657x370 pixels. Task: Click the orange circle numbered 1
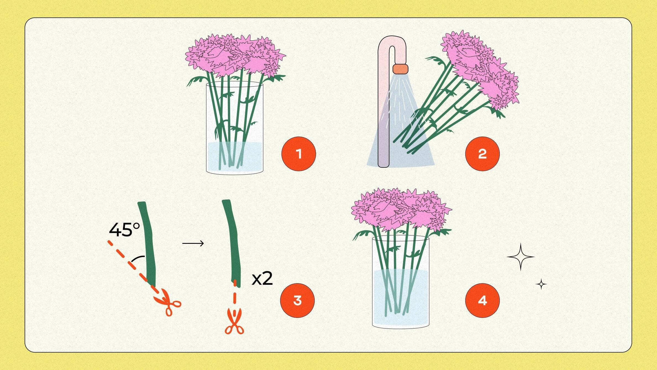tap(298, 154)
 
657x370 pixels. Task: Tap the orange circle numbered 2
tap(482, 154)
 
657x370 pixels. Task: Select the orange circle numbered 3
tap(297, 300)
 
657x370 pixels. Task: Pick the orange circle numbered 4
tap(482, 300)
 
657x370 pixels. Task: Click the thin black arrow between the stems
tap(193, 243)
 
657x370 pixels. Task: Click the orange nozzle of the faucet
tap(400, 69)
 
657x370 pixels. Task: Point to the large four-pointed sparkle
tap(521, 257)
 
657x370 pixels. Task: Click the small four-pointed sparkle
tap(541, 284)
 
